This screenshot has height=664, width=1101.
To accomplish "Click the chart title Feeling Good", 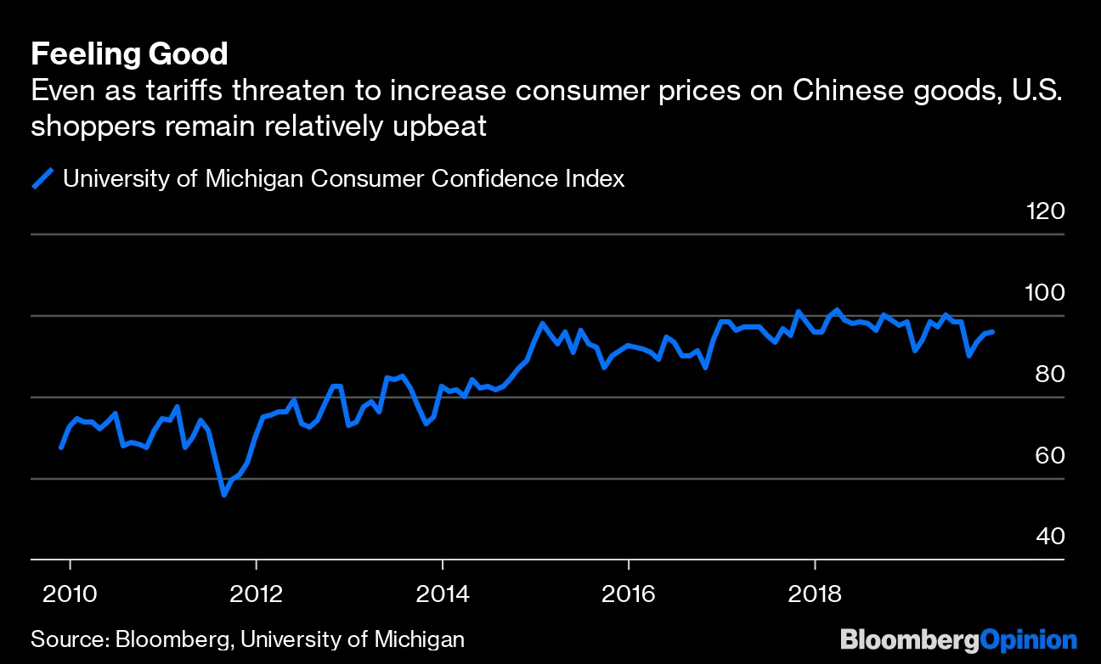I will tap(129, 55).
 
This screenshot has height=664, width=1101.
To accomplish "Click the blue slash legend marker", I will tap(42, 178).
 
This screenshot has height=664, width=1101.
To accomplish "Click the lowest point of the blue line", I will tap(224, 494).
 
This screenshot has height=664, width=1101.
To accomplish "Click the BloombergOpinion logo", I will tap(958, 639).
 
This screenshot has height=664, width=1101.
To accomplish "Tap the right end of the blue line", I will tap(993, 332).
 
